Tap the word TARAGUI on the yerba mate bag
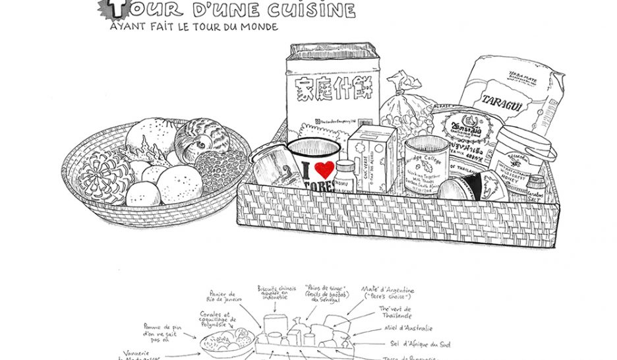502,100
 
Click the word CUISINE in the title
317,11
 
